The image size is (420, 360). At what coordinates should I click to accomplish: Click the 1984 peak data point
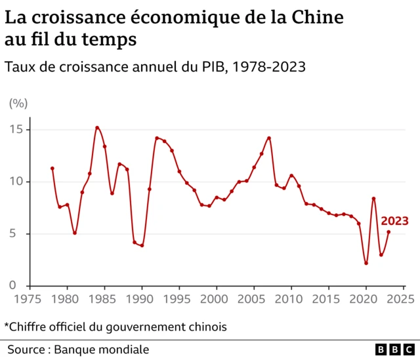[97, 128]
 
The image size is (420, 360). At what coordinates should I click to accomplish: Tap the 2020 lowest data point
[366, 263]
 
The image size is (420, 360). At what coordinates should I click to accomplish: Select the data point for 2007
[269, 138]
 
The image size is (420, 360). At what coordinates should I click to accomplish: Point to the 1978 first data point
[52, 169]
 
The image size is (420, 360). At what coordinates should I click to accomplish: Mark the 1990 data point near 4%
[142, 246]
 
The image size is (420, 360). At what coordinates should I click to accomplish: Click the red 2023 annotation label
[394, 220]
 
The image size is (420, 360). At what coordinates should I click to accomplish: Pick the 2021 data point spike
[373, 199]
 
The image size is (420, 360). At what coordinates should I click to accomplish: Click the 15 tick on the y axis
[17, 129]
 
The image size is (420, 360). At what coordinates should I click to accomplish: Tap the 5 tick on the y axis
[21, 234]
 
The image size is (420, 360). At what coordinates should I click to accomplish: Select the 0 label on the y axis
[21, 286]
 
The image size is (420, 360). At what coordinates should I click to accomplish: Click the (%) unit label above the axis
[18, 103]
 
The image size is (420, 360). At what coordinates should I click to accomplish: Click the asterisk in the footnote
[7, 325]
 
